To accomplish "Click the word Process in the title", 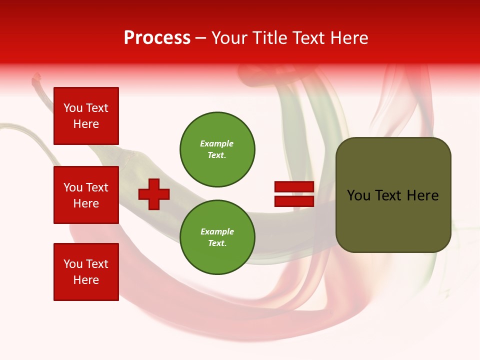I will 157,38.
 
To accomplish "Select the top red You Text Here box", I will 86,116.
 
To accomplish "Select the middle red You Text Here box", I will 86,195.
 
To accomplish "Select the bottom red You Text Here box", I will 86,272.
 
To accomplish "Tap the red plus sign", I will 154,194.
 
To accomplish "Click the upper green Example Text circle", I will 217,149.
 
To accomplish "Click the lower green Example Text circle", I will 217,237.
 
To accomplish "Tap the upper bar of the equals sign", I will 294,186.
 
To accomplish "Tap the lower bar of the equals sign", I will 294,201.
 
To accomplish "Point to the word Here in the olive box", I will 422,195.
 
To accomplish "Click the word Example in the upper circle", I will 216,143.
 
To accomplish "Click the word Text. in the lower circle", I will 217,243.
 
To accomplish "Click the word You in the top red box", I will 73,108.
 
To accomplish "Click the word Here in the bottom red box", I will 86,280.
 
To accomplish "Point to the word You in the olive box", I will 359,195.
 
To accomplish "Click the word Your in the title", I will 230,38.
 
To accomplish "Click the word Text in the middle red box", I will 97,187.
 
